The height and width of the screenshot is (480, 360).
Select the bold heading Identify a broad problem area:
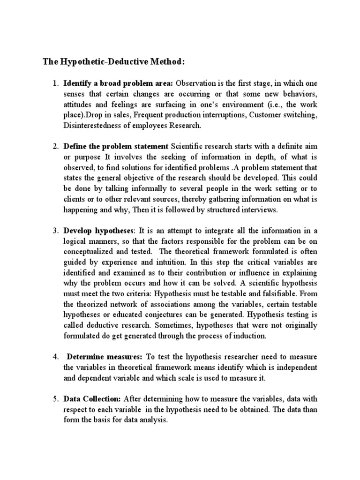(119, 84)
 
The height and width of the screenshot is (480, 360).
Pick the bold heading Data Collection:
(92, 399)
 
